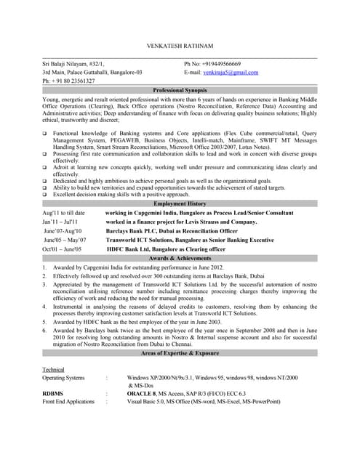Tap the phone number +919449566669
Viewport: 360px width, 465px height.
(x=220, y=65)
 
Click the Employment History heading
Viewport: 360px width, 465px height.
(x=180, y=204)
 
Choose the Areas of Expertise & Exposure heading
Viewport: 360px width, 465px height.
(x=180, y=352)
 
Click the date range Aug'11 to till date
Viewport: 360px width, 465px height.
(x=64, y=213)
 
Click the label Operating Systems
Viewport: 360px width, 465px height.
(x=63, y=378)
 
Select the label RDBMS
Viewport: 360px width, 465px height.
(x=53, y=393)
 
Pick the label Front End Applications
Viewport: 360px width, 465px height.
(x=68, y=401)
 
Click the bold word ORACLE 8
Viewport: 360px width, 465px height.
(x=142, y=393)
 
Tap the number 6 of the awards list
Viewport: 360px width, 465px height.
(x=45, y=331)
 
